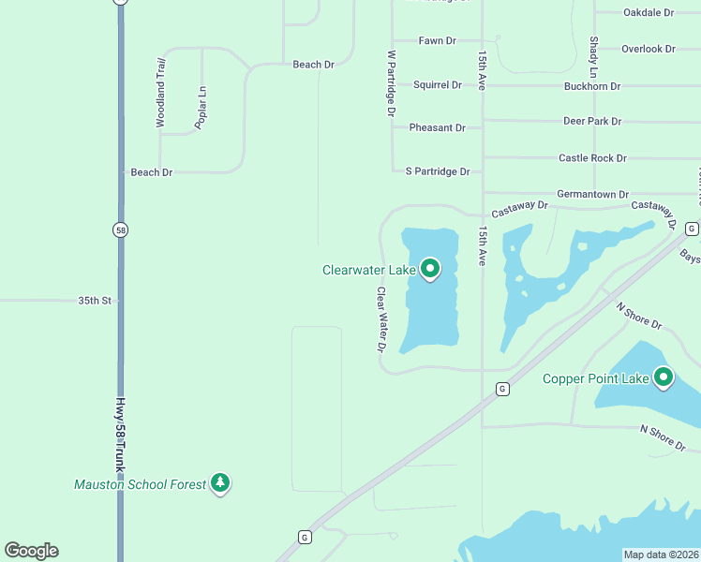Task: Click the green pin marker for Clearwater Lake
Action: [430, 270]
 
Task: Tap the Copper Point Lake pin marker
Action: [664, 377]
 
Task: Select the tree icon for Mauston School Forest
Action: [220, 483]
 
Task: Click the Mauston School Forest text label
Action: [139, 484]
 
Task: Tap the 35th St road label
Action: [95, 301]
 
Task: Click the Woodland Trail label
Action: [160, 92]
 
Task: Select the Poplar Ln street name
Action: [201, 107]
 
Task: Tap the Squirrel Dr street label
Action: [438, 84]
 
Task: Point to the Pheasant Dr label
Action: [437, 127]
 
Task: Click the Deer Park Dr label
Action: [592, 121]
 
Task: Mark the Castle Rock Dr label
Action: [592, 158]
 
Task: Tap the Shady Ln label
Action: [594, 57]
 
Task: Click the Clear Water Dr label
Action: [381, 318]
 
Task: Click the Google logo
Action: [31, 551]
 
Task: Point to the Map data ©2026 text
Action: [661, 555]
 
